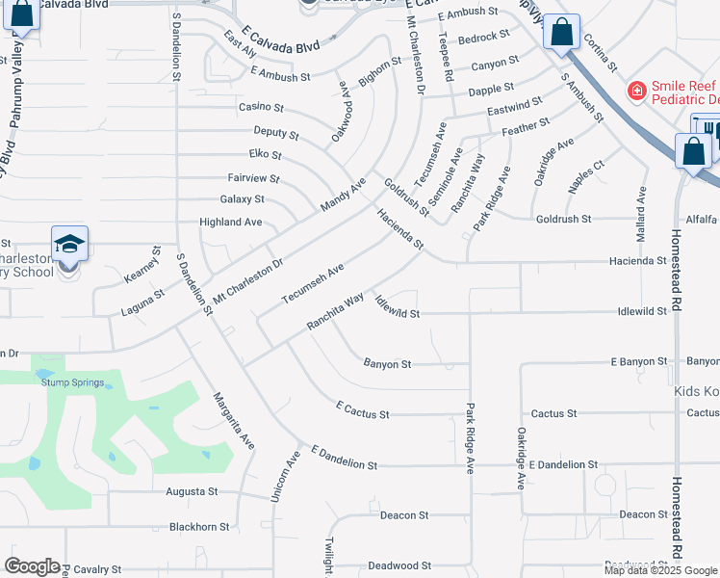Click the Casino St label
261,107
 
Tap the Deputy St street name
276,132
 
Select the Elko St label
265,154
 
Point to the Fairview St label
252,178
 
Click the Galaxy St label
242,199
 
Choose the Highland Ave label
230,222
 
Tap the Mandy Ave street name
344,195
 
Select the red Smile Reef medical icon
635,91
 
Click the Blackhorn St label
199,527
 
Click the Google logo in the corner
32,566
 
